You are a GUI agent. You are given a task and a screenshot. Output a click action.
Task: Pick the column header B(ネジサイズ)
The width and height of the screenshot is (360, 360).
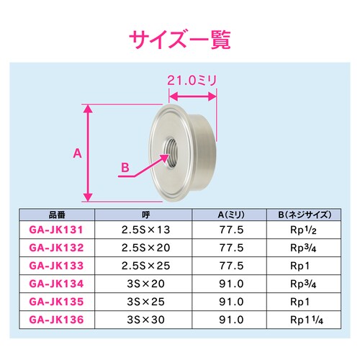coord(304,215)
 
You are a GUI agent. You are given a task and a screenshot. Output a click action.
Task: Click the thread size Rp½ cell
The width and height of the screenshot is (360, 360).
coord(304,230)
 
